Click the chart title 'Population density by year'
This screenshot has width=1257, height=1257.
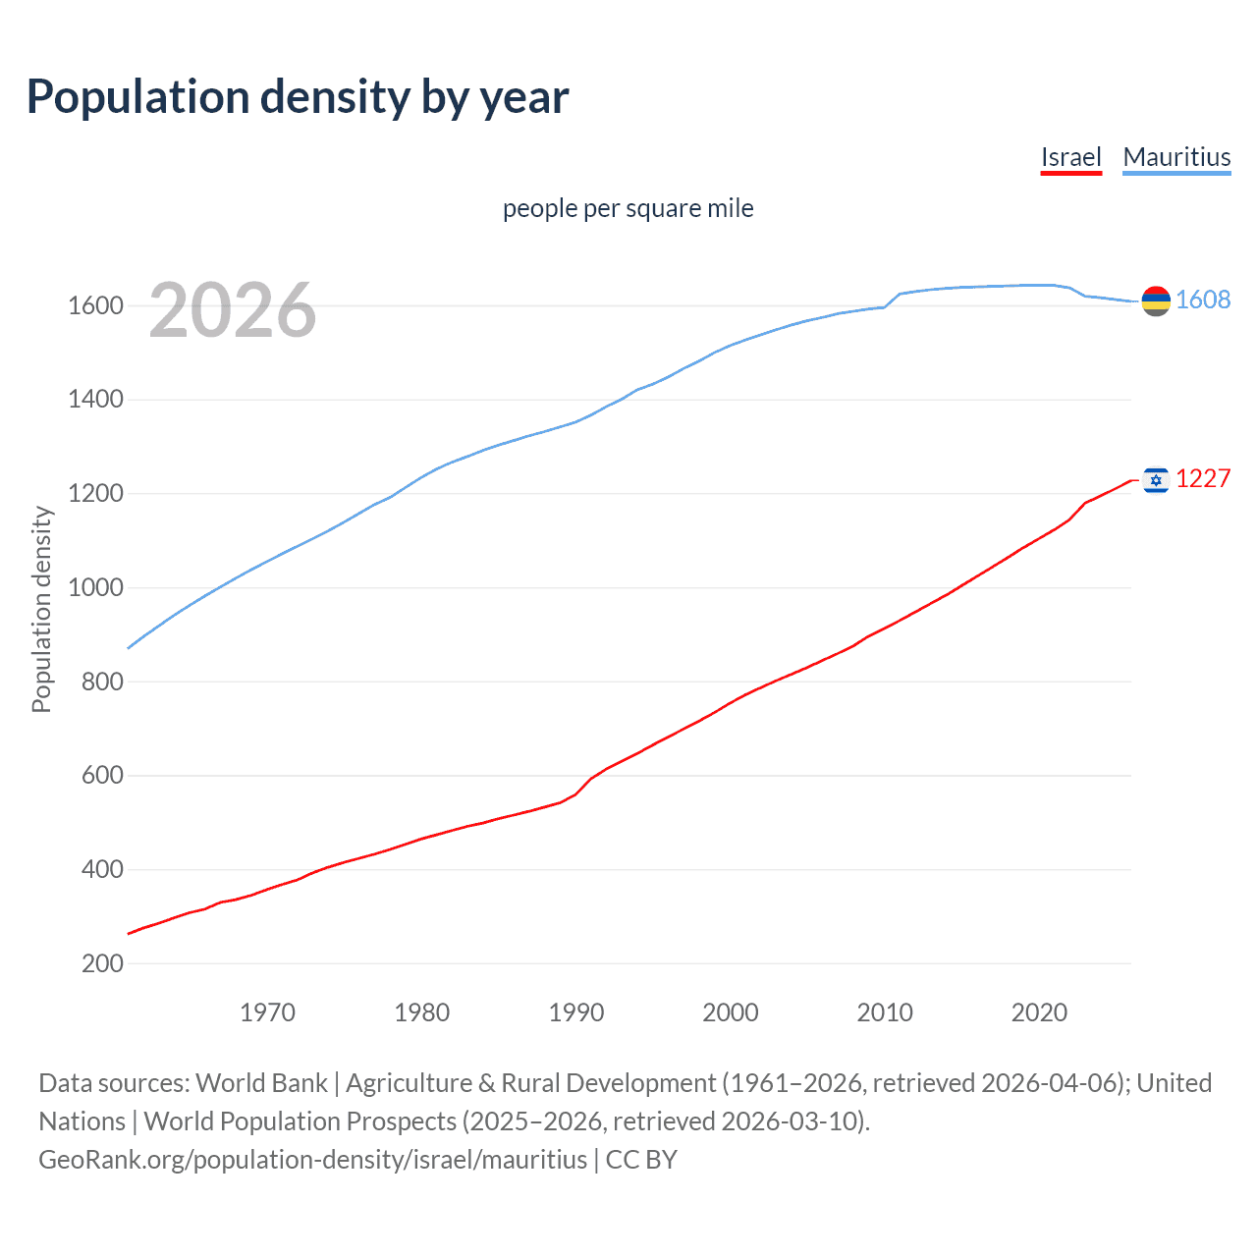tap(298, 97)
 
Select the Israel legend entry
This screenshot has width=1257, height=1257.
tap(1070, 157)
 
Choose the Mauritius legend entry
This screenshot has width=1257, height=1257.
tap(1176, 157)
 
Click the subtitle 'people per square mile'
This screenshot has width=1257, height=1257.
tap(628, 208)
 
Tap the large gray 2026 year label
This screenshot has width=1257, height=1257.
tap(233, 310)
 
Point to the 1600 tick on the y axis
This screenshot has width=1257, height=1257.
tap(95, 305)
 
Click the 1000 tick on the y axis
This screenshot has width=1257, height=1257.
tap(95, 587)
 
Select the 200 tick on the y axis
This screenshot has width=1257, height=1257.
tap(102, 963)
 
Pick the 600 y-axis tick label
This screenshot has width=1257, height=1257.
tap(102, 776)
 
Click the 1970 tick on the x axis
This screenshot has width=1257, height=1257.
tap(267, 1012)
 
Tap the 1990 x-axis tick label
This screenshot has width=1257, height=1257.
tap(576, 1012)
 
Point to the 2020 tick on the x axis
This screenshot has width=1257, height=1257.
tap(1039, 1012)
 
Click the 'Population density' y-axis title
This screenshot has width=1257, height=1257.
tap(41, 609)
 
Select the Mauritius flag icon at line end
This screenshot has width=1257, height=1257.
tap(1156, 301)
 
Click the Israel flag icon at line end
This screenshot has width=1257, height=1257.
tap(1156, 479)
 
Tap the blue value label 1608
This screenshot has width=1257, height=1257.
tap(1203, 300)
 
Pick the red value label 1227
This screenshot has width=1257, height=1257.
tap(1203, 478)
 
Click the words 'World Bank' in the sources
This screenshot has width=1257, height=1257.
tap(261, 1082)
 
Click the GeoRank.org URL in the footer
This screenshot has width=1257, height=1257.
tap(312, 1159)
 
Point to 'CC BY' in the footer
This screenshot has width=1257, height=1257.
tap(641, 1159)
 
